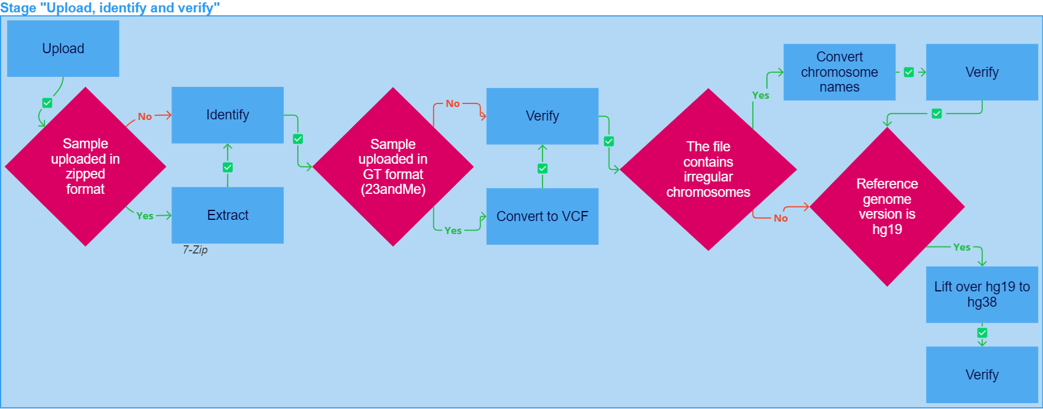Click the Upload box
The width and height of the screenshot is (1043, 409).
coord(63,48)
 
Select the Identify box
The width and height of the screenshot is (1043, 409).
coord(228,115)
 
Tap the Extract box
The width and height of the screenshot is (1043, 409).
coord(228,215)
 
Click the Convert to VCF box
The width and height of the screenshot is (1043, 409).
coord(542,216)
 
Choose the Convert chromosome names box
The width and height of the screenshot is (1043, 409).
coord(840,72)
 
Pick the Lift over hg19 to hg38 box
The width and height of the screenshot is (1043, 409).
coord(982,294)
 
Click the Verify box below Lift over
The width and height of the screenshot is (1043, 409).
coord(982,375)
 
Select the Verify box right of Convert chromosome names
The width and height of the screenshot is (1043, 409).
coord(982,72)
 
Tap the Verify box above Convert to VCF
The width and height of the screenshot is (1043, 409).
coord(542,116)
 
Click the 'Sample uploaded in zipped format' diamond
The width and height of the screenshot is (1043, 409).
coord(86,167)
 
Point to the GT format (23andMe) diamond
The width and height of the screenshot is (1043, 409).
coord(393,167)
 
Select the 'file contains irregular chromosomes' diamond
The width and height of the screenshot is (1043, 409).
coord(709,170)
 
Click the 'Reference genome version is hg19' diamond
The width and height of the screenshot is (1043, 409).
coord(888,207)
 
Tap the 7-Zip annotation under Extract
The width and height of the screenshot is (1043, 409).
coord(195,250)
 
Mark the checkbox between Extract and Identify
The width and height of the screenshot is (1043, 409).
coord(228,167)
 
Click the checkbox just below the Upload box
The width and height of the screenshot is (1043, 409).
coord(47,103)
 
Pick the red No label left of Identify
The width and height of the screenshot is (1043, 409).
coord(145,116)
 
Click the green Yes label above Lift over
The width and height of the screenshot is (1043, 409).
coord(962,247)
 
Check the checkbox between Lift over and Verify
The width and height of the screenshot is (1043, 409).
coord(982,333)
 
